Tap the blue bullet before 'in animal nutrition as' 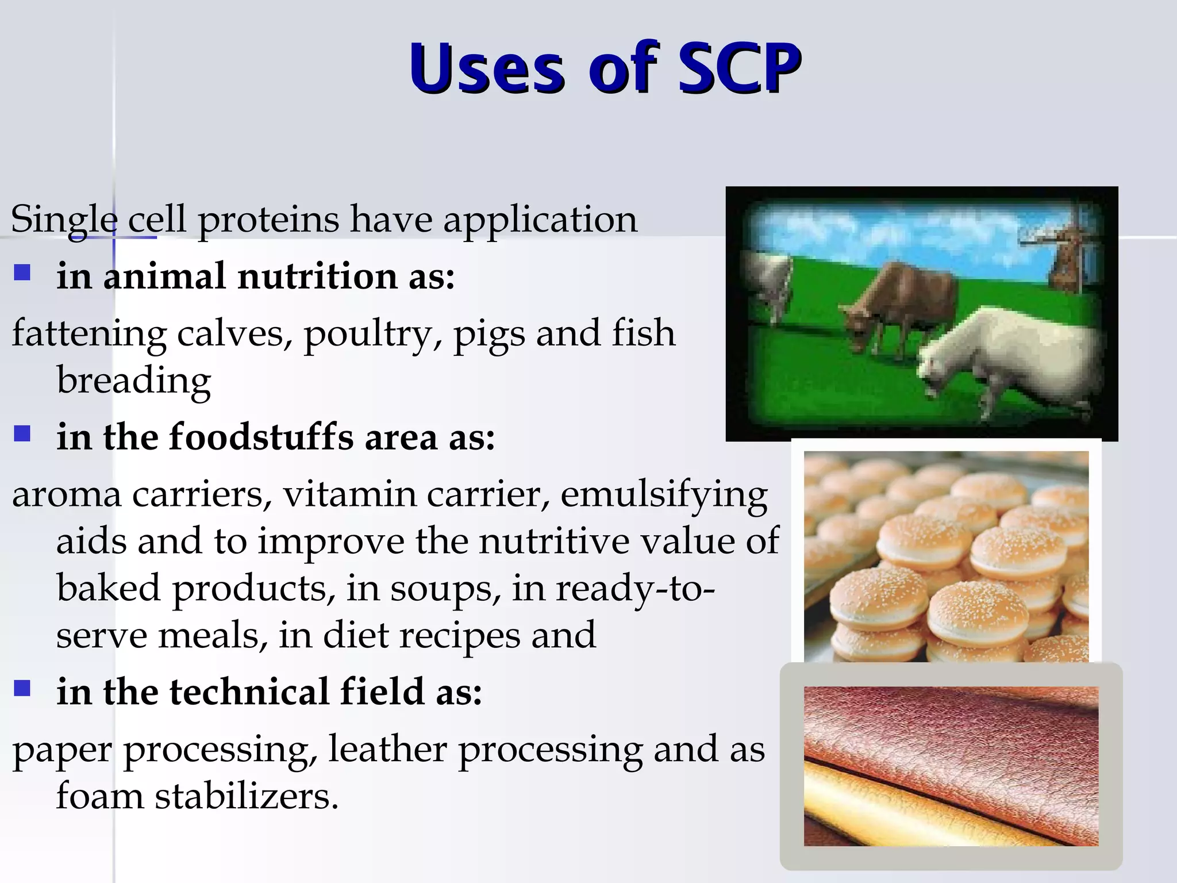pos(22,272)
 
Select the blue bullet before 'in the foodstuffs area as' pos(22,433)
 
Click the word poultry pos(372,335)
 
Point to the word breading pos(133,381)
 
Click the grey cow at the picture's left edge pos(767,282)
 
